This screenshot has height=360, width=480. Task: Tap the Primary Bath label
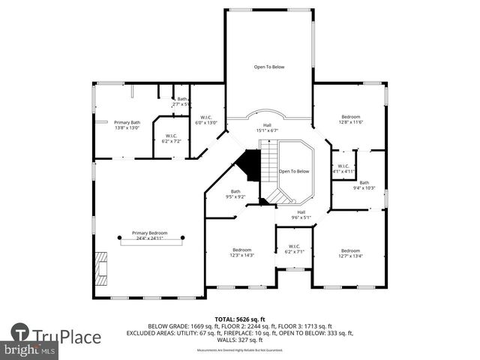point(127,124)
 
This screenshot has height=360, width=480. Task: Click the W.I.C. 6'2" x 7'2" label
point(170,139)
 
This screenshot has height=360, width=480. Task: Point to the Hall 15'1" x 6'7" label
point(266,127)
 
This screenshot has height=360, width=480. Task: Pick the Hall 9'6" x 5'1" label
point(301,214)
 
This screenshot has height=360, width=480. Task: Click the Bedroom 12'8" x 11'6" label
point(351,119)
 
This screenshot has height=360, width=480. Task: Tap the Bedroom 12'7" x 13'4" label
point(350,253)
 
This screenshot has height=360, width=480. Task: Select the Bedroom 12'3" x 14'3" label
point(241,252)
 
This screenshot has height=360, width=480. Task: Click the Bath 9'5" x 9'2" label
point(235,193)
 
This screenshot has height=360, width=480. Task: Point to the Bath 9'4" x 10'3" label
point(364,185)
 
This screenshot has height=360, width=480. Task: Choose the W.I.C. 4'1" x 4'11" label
point(343,169)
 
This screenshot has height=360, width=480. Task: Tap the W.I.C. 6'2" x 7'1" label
point(293,248)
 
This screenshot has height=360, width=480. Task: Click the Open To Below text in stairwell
point(294,171)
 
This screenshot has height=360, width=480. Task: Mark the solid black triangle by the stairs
point(250,161)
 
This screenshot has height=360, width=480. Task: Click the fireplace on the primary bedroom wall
point(100,264)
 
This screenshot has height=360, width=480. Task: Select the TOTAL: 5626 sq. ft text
point(239,319)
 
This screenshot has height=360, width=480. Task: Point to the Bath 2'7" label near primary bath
point(180,101)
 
